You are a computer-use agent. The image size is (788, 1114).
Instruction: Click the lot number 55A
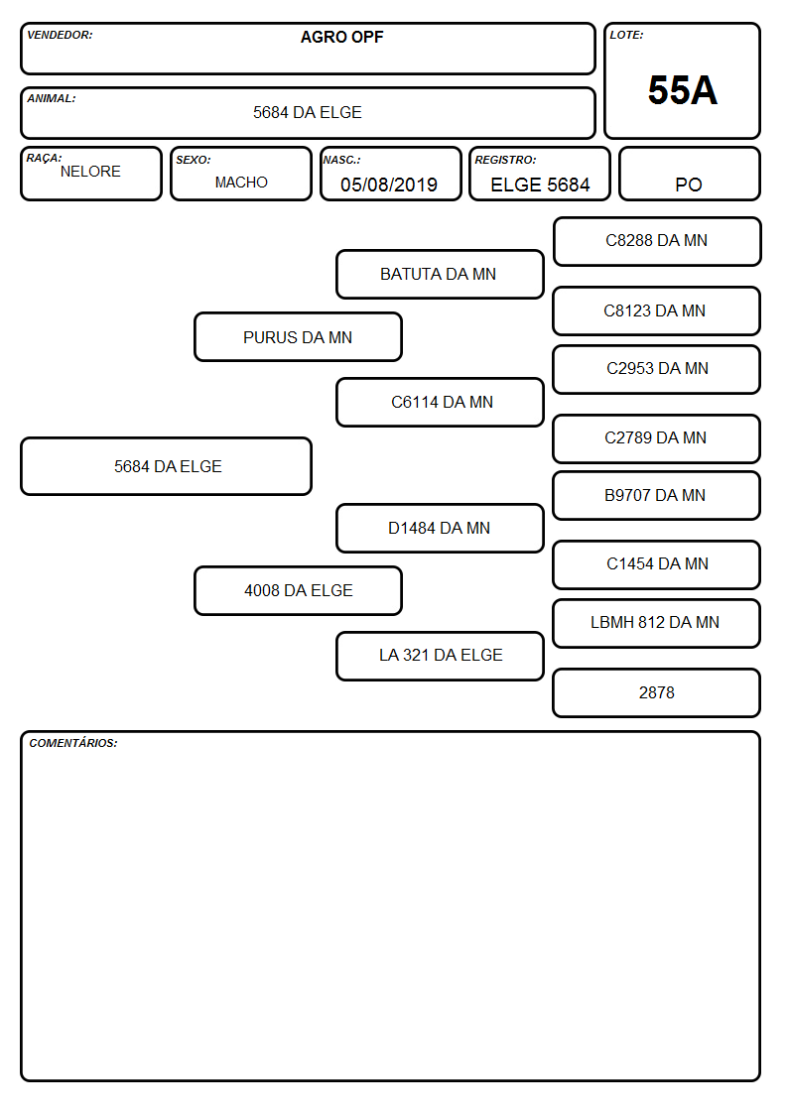(x=682, y=90)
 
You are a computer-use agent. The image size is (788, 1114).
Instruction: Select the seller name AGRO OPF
(x=341, y=37)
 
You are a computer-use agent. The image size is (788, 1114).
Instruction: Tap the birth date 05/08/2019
(x=389, y=185)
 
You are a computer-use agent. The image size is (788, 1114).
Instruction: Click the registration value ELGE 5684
(x=540, y=185)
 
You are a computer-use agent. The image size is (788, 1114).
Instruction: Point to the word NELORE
(x=90, y=172)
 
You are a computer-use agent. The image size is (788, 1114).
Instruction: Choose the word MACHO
(x=241, y=183)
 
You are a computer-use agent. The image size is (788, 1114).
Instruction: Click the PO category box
(x=689, y=174)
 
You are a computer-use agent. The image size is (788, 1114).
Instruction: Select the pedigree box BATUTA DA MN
(x=440, y=274)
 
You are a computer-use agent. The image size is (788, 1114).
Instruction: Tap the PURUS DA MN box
(x=298, y=336)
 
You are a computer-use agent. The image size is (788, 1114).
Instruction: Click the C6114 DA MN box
(x=440, y=402)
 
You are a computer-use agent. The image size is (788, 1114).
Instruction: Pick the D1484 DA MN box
(x=440, y=528)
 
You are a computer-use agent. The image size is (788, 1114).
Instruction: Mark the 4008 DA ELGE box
(x=298, y=590)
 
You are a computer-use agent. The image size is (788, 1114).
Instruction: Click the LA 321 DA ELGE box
(x=440, y=656)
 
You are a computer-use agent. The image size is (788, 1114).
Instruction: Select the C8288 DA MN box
(x=657, y=242)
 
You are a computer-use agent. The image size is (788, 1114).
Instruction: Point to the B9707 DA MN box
(x=657, y=496)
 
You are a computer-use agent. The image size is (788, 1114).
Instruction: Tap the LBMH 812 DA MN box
(x=657, y=623)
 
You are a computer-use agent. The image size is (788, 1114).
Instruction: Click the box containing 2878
(x=657, y=692)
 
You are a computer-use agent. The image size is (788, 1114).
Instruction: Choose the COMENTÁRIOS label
(x=73, y=743)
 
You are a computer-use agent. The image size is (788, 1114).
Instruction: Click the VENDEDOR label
(x=60, y=35)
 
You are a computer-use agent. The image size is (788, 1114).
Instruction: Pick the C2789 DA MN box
(x=657, y=438)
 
